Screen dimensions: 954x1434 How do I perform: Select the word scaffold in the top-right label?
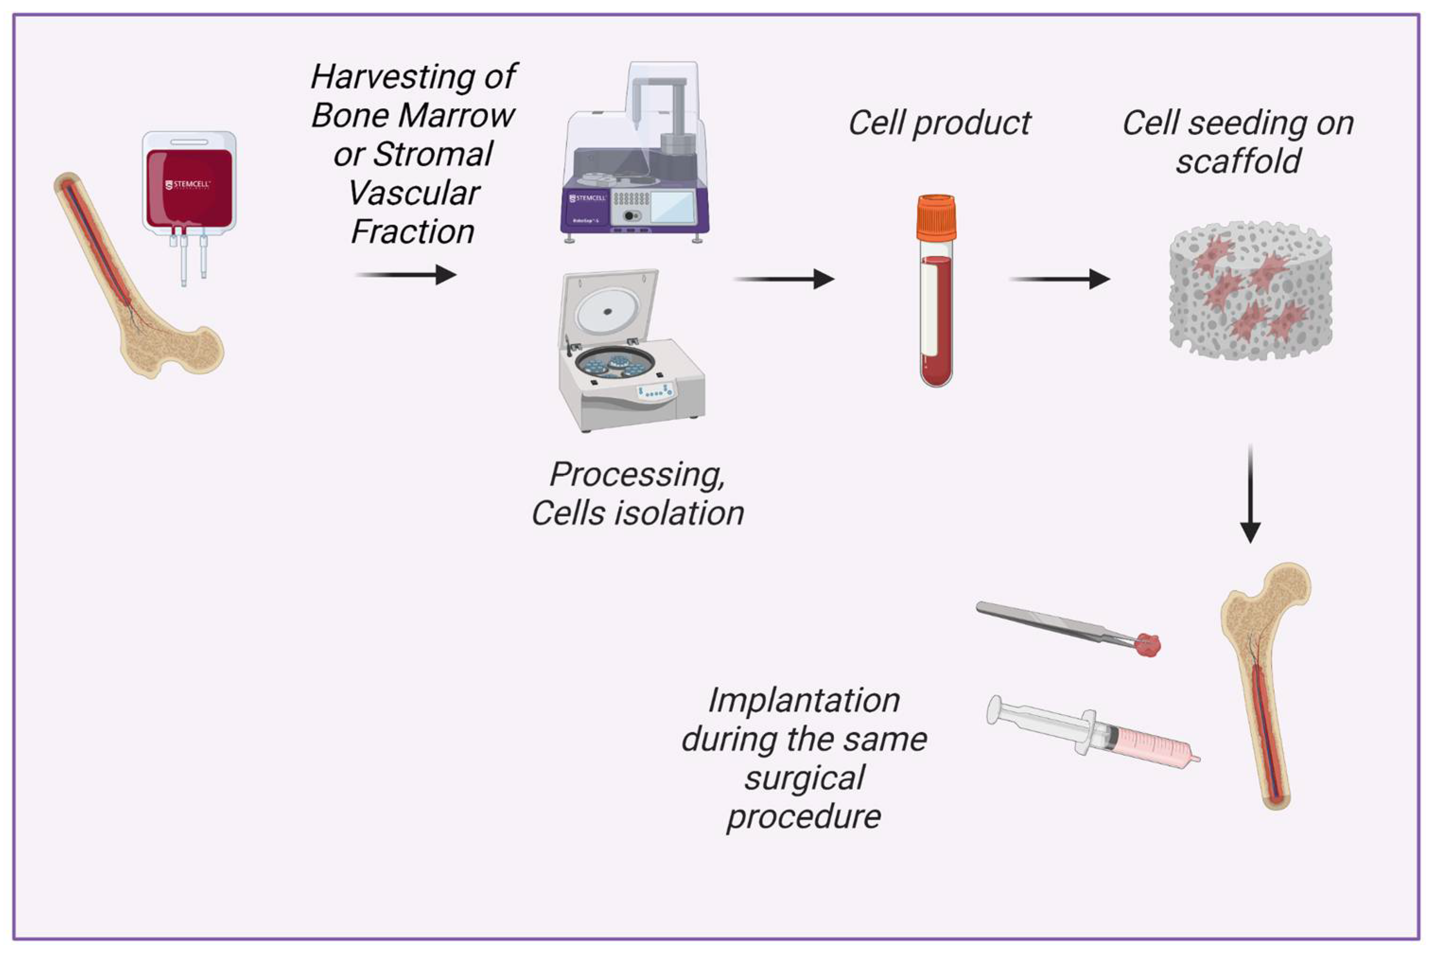(1238, 162)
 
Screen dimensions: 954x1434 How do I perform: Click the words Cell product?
(939, 123)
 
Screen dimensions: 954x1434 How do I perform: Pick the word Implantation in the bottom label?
(803, 700)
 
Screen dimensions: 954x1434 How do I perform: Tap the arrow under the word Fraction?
(406, 274)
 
